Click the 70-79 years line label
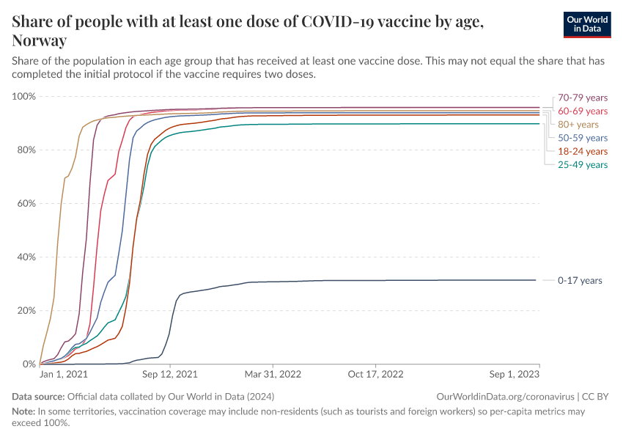[x=583, y=98]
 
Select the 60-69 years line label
[x=583, y=111]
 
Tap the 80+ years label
[x=578, y=125]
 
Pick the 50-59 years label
[x=583, y=138]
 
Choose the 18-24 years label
[x=583, y=151]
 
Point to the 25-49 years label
[x=583, y=165]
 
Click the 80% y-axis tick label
[x=26, y=150]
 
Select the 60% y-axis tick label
[x=26, y=204]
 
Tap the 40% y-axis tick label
[x=26, y=257]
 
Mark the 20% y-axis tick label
[x=26, y=311]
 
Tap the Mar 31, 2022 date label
[x=273, y=374]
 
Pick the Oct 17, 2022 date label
[x=375, y=374]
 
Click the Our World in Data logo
[x=586, y=24]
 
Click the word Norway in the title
[x=40, y=40]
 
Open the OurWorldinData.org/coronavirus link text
[x=505, y=396]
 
